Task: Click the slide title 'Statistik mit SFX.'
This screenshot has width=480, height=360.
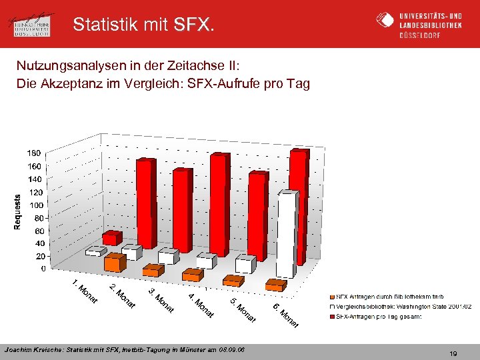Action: coord(144,25)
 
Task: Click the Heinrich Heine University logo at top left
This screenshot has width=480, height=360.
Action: coord(33,25)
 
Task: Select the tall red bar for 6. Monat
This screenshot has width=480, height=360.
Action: coord(299,207)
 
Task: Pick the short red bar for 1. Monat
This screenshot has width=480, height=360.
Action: coord(112,238)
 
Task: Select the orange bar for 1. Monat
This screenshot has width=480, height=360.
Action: coord(114,263)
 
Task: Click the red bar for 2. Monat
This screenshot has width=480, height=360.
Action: coord(145,203)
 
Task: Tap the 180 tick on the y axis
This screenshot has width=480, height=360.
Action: coord(33,153)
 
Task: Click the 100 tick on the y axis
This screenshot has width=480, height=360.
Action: coord(35,205)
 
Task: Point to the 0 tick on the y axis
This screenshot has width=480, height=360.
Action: coord(43,269)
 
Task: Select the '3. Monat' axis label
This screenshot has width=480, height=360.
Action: coord(161,301)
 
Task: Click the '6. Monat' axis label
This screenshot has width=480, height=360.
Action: coord(285,315)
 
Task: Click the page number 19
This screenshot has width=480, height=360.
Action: coord(453,354)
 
